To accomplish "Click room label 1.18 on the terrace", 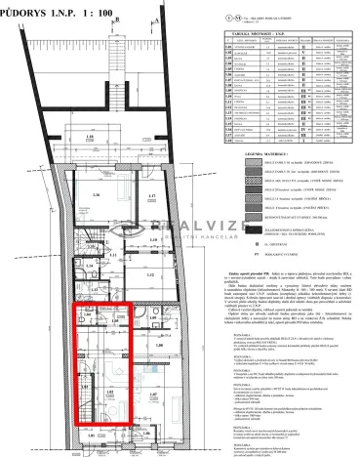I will click(89, 136).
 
